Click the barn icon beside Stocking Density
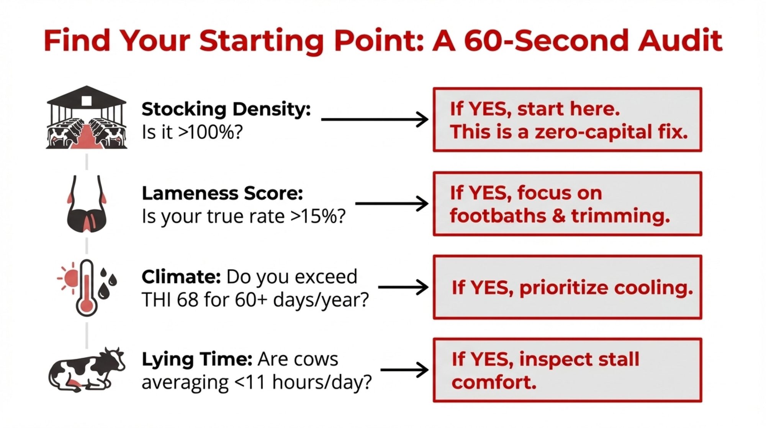[x=87, y=117]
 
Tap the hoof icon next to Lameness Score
[x=87, y=204]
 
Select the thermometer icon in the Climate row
[x=87, y=288]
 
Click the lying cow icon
[x=87, y=370]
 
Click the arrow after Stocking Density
[x=375, y=120]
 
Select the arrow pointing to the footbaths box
[x=392, y=203]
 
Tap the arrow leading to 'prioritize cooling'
[x=403, y=287]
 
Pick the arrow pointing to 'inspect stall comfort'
[x=404, y=370]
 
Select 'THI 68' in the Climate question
[x=170, y=300]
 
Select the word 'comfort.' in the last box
[x=494, y=382]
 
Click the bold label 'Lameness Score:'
[x=223, y=193]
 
